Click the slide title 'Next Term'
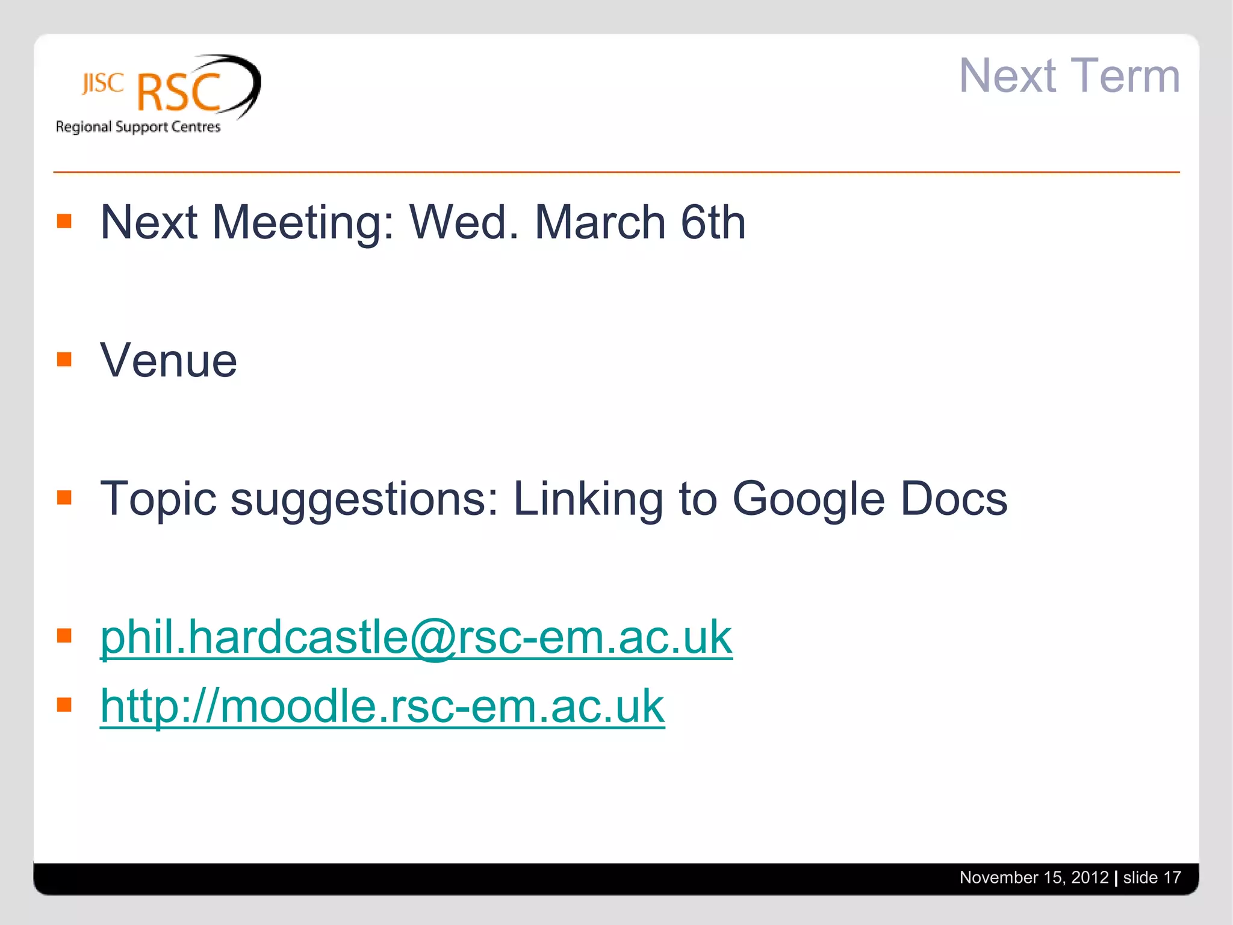tap(1069, 76)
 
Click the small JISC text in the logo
tap(103, 83)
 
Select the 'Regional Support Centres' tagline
tap(138, 127)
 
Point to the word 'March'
tap(600, 222)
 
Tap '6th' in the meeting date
tap(713, 222)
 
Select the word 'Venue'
tap(169, 360)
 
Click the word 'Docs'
tap(954, 499)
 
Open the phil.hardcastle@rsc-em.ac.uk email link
tap(416, 637)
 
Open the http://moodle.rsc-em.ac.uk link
tap(382, 706)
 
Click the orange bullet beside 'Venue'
tap(64, 360)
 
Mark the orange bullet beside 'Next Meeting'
tap(64, 222)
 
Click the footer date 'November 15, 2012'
tap(1034, 877)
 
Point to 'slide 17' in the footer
tap(1152, 877)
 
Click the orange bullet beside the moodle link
tap(64, 705)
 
